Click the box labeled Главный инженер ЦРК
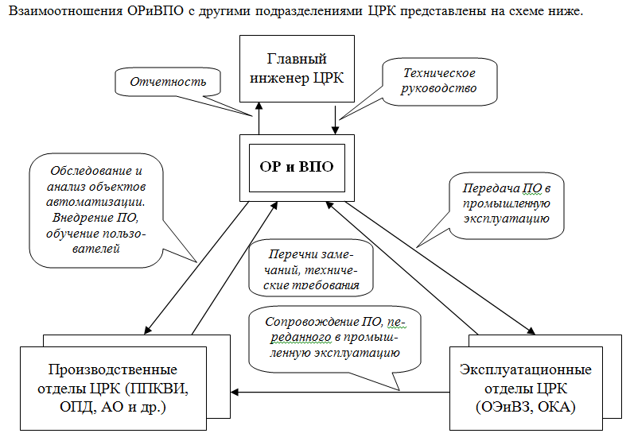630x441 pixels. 297,68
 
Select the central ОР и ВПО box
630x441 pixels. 297,168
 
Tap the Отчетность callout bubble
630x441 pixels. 168,82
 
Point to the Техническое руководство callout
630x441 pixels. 439,82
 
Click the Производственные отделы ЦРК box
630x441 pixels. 113,389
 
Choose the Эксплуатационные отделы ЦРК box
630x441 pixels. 526,389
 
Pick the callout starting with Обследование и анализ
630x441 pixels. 96,210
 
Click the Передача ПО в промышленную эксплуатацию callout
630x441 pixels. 506,204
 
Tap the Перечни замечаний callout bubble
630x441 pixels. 311,269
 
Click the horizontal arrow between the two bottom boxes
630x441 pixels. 340,392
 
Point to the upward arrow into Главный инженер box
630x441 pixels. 259,118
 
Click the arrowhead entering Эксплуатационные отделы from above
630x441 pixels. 531,331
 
